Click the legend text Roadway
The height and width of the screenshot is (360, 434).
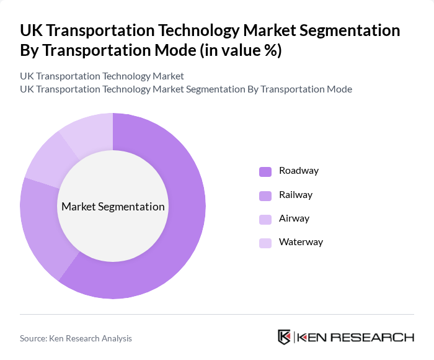pos(299,171)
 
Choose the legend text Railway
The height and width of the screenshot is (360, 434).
pos(296,195)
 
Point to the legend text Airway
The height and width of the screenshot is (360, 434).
pos(294,218)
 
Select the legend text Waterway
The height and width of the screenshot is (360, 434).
pos(301,242)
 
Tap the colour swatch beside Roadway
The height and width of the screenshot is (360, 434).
pos(265,171)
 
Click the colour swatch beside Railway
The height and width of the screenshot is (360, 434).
pos(265,196)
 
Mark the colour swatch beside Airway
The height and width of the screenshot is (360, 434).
pos(265,219)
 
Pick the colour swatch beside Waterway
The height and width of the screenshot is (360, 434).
pos(265,243)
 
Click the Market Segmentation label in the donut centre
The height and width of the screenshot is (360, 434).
pos(113,207)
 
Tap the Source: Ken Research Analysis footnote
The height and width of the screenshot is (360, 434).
pos(76,338)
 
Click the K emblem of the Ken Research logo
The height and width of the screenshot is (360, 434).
pos(284,337)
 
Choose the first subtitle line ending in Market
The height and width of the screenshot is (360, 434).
pos(102,76)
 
